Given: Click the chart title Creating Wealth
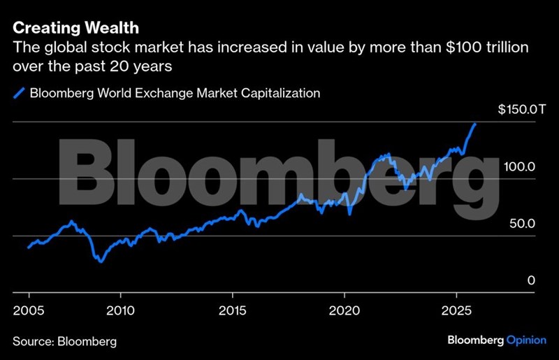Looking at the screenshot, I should click(75, 29).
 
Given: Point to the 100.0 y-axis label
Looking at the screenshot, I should click(521, 167).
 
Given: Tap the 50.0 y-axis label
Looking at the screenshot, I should click(523, 224).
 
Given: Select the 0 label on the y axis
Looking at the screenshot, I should click(531, 280).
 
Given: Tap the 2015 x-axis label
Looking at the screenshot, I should click(233, 308).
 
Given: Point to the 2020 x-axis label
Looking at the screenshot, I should click(344, 308).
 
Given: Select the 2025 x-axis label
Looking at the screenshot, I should click(456, 308).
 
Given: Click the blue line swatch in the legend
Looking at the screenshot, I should click(19, 93).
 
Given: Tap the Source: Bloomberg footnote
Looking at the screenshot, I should click(64, 341).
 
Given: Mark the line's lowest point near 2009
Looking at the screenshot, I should click(101, 261).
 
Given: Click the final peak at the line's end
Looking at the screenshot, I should click(475, 124).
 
